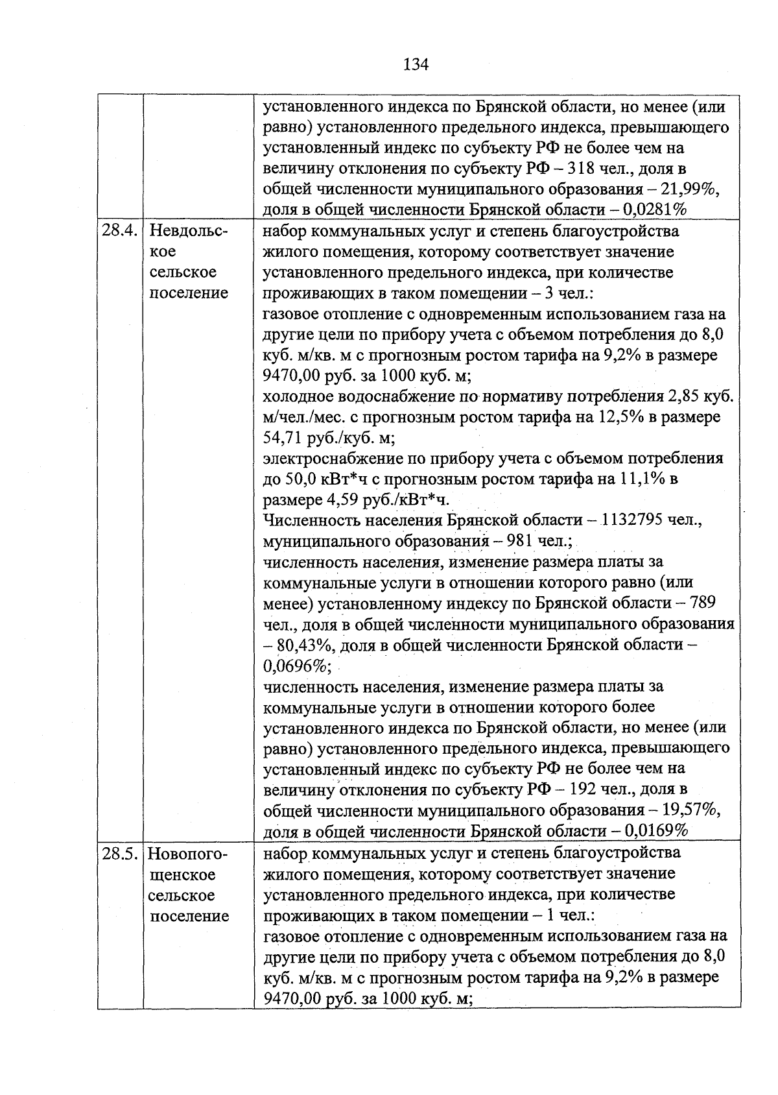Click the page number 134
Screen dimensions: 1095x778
[416, 64]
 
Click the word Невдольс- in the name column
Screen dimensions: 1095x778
[189, 230]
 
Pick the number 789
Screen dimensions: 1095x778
[703, 603]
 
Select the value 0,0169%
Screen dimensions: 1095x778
[655, 831]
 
